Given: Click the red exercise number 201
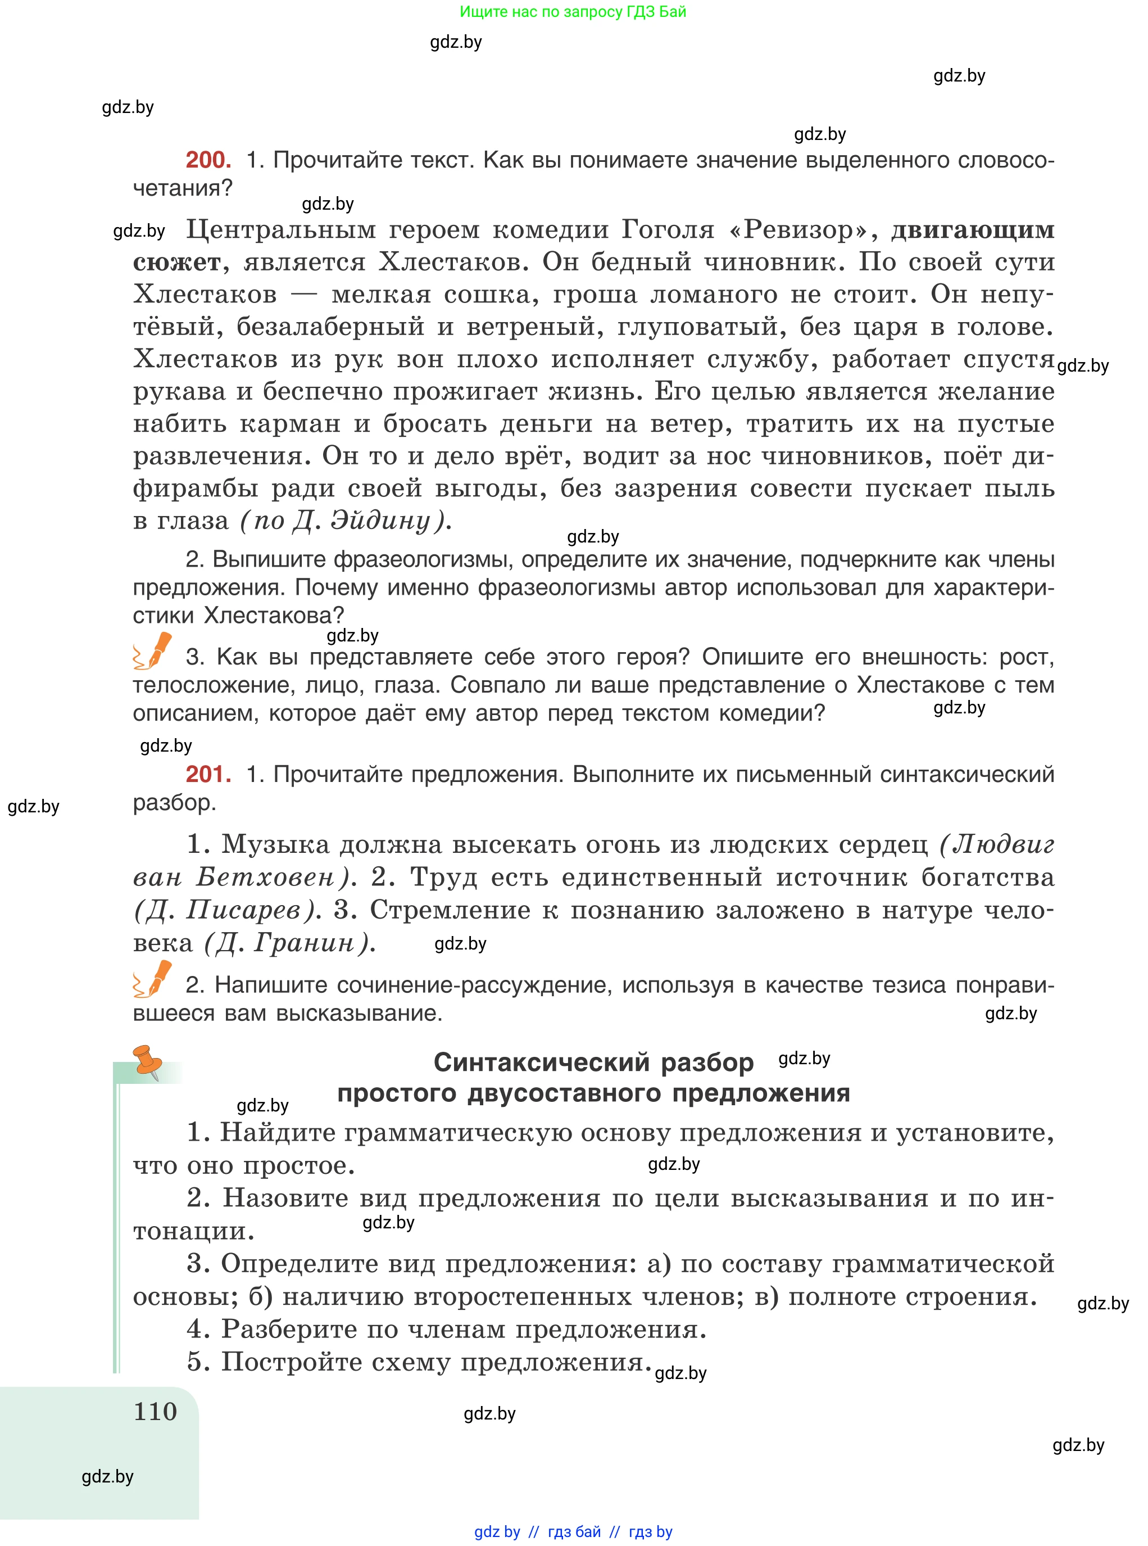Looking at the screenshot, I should (x=208, y=774).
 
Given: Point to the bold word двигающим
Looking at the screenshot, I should (x=972, y=229).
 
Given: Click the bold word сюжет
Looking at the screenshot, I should (x=176, y=262).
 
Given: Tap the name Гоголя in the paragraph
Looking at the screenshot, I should (x=668, y=229).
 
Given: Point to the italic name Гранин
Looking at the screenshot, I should (x=305, y=943).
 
